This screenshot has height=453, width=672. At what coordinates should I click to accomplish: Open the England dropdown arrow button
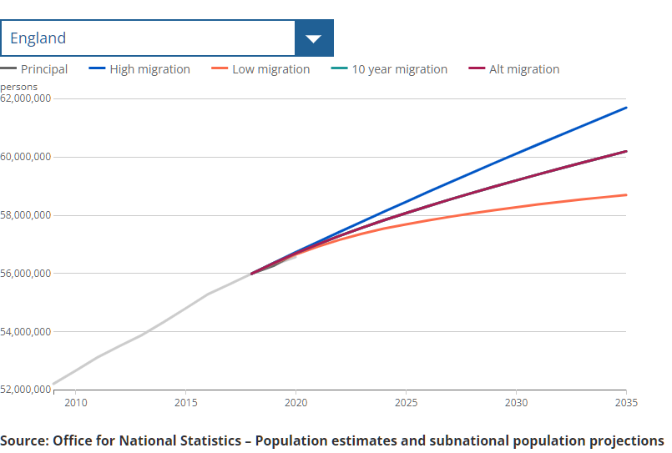coord(314,38)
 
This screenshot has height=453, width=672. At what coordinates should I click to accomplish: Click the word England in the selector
coord(38,38)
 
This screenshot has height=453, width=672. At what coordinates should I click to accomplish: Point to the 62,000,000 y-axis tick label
coord(26,98)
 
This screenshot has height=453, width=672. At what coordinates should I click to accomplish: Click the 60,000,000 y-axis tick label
coord(26,157)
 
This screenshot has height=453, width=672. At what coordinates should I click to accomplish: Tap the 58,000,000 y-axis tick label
coord(26,215)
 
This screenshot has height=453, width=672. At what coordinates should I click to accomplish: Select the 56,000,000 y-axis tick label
coord(26,274)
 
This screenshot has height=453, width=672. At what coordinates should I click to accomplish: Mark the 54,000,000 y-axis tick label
coord(26,332)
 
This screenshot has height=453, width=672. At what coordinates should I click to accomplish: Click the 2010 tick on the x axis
coord(75,403)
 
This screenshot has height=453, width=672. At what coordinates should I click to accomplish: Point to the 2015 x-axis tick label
coord(185,403)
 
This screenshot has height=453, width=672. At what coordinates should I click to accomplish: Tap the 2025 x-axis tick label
coord(406,403)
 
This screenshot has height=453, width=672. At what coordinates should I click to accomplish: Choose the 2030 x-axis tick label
coord(516,403)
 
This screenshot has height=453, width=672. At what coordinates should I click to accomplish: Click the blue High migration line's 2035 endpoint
coord(626,108)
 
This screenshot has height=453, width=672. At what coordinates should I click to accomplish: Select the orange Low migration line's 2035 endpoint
coord(626,194)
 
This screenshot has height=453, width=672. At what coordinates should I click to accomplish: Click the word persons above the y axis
coord(18,86)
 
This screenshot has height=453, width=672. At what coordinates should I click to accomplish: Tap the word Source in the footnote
coord(23,440)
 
